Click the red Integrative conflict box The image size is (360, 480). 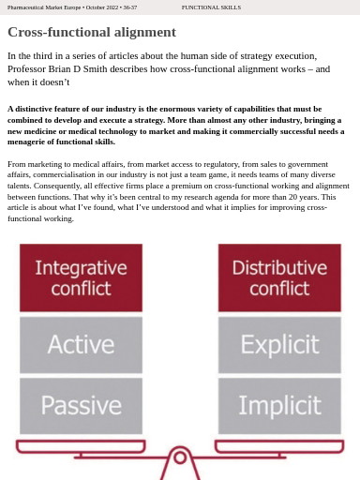click(81, 277)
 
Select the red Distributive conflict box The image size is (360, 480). click(279, 277)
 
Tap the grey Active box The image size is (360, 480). click(81, 345)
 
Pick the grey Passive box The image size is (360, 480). click(81, 405)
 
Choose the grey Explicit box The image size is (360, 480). click(279, 345)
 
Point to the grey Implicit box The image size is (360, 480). click(279, 405)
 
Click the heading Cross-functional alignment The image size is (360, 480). click(91, 32)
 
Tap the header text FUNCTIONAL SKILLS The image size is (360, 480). click(211, 7)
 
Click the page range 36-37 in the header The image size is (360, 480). click(129, 7)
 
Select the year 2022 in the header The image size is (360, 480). click(111, 7)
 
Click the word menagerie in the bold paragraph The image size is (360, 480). click(28, 142)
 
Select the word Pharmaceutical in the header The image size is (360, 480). click(26, 7)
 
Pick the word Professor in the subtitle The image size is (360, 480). click(26, 68)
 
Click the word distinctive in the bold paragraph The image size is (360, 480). click(35, 109)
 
